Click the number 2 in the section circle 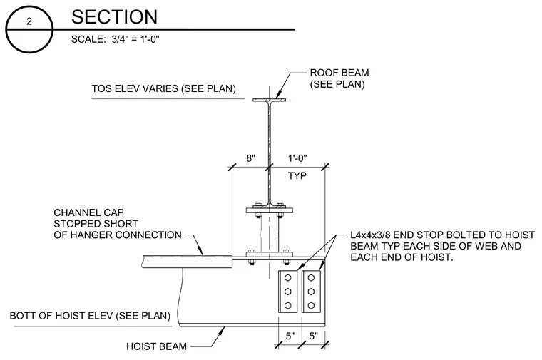pyautogui.click(x=29, y=21)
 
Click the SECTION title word pyautogui.click(x=114, y=17)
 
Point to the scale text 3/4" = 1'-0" pyautogui.click(x=135, y=39)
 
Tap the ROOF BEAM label pyautogui.click(x=339, y=73)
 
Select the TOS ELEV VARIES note pyautogui.click(x=163, y=88)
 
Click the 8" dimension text pyautogui.click(x=250, y=158)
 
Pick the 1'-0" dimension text pyautogui.click(x=297, y=158)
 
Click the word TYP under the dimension pyautogui.click(x=297, y=176)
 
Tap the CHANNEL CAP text pyautogui.click(x=88, y=212)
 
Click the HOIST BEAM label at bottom pyautogui.click(x=156, y=346)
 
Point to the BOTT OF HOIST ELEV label pyautogui.click(x=90, y=316)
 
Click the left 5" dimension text pyautogui.click(x=290, y=336)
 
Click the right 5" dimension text pyautogui.click(x=314, y=336)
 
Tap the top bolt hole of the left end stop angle pyautogui.click(x=287, y=277)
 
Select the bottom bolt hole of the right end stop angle pyautogui.click(x=311, y=305)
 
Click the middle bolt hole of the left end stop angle pyautogui.click(x=287, y=292)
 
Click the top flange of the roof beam pyautogui.click(x=270, y=101)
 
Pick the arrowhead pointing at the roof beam pyautogui.click(x=278, y=96)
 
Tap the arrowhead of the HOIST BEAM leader pyautogui.click(x=222, y=331)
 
